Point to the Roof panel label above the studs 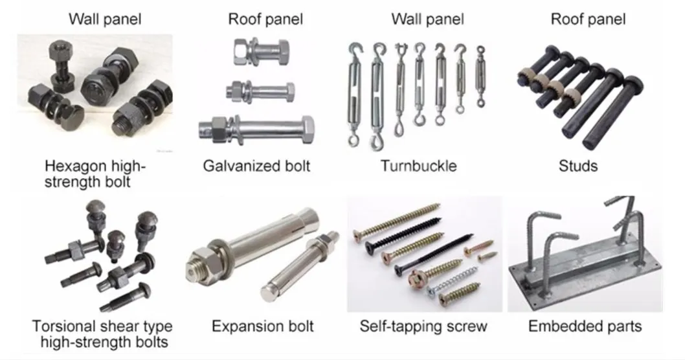pyautogui.click(x=588, y=19)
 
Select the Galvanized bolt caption pyautogui.click(x=256, y=166)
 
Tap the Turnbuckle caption pyautogui.click(x=418, y=166)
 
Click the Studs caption pyautogui.click(x=578, y=166)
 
